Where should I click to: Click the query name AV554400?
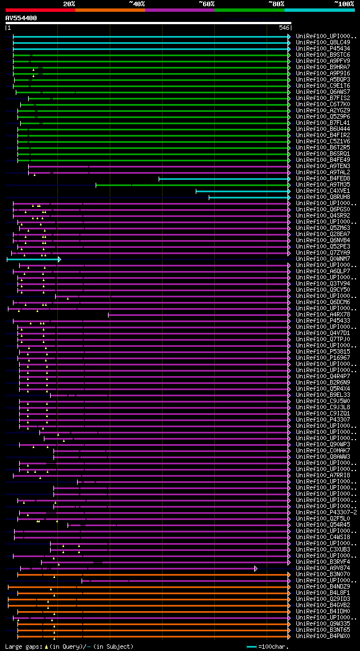coord(21,18)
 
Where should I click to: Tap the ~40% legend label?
coord(137,3)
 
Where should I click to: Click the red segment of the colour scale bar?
coord(40,10)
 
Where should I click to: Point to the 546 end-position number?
coord(284,28)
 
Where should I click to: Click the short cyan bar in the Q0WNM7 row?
coord(34,259)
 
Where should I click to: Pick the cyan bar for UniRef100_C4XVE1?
coord(242,191)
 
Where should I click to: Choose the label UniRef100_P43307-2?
coord(326,512)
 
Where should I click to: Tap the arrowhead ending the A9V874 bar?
coord(256,568)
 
